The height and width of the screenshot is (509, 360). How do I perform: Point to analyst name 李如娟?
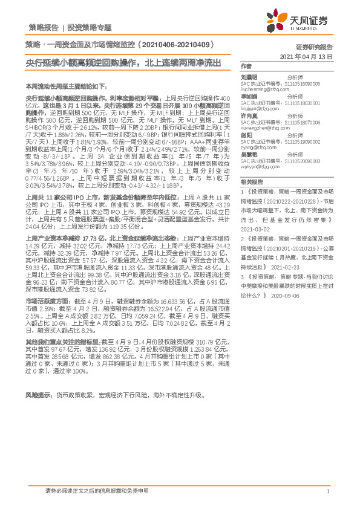point(250,96)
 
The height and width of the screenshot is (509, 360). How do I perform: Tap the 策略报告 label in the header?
point(44,27)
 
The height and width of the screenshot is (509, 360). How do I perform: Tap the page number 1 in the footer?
point(327,491)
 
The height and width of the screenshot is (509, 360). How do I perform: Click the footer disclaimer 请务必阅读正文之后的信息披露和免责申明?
point(97,491)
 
